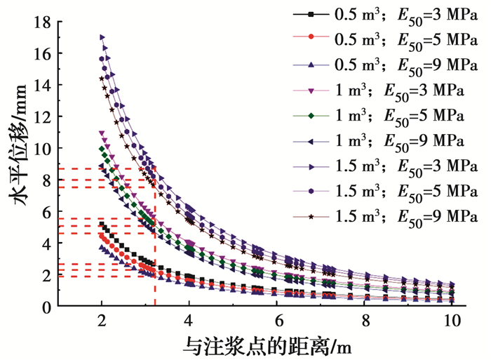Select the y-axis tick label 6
(x=46, y=212)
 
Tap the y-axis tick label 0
(x=46, y=307)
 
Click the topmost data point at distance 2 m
(x=102, y=37)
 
